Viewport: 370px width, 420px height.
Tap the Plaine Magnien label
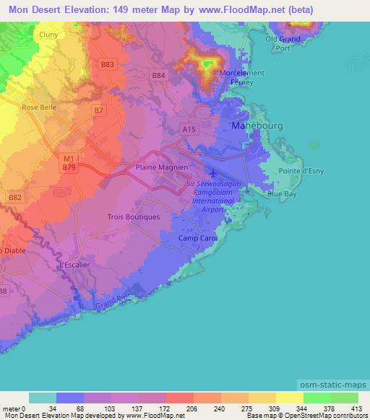pos(162,167)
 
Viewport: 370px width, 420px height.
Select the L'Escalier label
pos(76,265)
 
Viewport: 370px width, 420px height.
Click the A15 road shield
pos(189,129)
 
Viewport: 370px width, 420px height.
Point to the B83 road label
pos(108,64)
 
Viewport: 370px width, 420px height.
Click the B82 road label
pos(14,196)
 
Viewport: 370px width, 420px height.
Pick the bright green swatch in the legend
pos(316,398)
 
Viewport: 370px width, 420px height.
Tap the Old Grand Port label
pos(283,43)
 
